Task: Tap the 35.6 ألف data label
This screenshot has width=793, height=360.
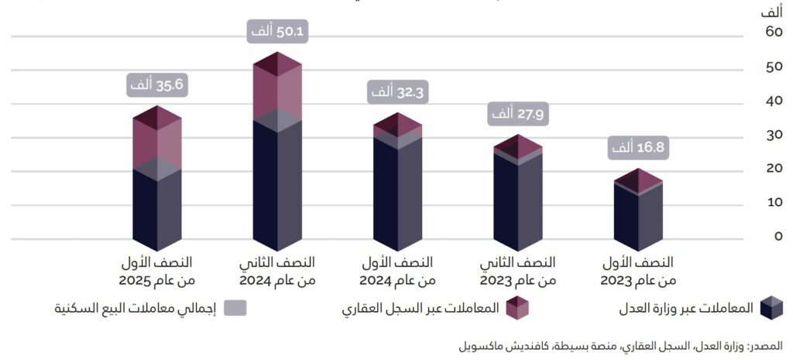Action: (x=157, y=84)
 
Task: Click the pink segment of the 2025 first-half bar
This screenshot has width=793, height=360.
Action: (x=156, y=143)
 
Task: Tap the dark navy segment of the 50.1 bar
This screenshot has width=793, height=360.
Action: (x=276, y=186)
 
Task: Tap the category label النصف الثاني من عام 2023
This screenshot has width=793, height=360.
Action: (x=518, y=270)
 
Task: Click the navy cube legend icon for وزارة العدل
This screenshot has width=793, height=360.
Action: (x=771, y=307)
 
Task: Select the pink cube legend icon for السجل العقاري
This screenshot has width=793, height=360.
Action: (x=517, y=307)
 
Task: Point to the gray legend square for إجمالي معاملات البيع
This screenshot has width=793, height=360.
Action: (x=235, y=307)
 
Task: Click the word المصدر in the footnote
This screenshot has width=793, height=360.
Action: (x=767, y=345)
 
